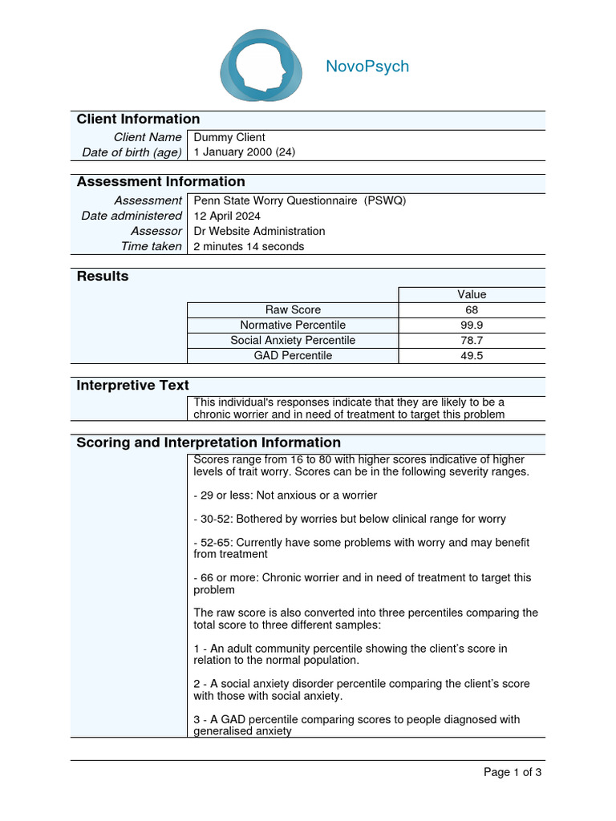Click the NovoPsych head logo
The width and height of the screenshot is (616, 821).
[x=261, y=66]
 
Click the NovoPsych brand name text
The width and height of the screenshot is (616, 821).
[x=367, y=67]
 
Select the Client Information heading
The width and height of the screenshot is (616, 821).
[x=138, y=119]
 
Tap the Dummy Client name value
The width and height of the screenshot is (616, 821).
[x=229, y=137]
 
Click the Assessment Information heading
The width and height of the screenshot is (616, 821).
[x=160, y=182]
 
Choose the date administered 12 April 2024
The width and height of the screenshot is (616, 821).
[x=227, y=216]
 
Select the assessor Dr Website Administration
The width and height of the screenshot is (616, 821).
[x=260, y=231]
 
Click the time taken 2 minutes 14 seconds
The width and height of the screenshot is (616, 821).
[x=249, y=246]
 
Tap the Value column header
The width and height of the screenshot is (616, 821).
[x=472, y=294]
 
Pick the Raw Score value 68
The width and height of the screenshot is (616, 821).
[x=472, y=309]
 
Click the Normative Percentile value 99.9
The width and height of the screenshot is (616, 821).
[x=472, y=325]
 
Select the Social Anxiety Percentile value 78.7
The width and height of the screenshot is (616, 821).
[x=472, y=340]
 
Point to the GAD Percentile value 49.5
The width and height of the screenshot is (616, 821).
[x=472, y=355]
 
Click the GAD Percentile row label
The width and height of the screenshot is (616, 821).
[x=293, y=355]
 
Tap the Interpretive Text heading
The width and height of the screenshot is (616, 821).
[x=132, y=386]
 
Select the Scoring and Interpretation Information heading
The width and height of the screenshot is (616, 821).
[x=209, y=443]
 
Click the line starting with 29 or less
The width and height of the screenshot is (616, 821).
[x=285, y=495]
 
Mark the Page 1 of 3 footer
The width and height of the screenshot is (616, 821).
[x=513, y=773]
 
